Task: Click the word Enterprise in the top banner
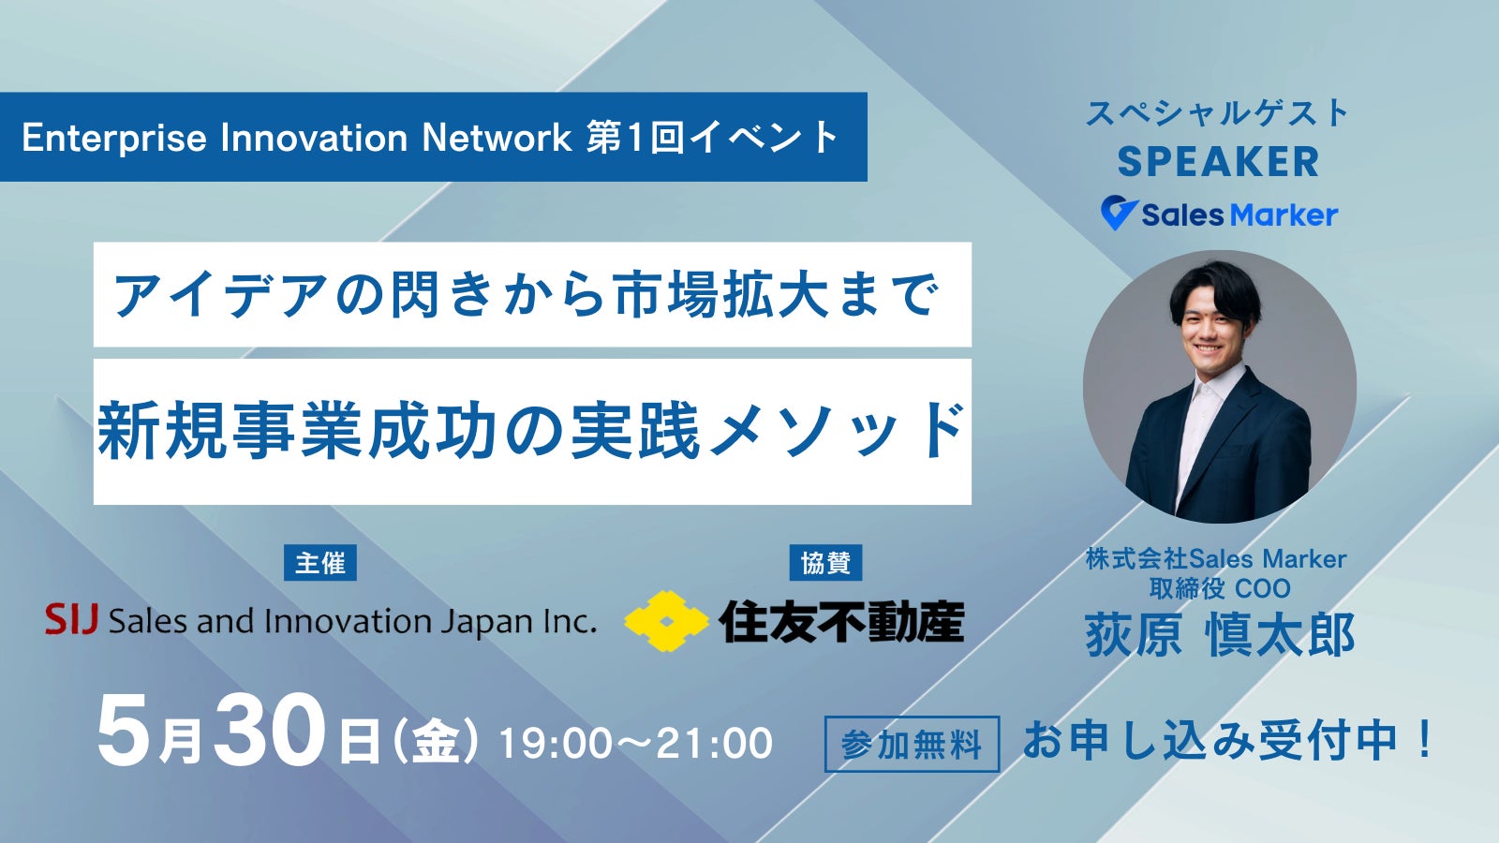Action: click(114, 139)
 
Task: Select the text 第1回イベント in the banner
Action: click(712, 137)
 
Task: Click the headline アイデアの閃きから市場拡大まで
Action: click(527, 295)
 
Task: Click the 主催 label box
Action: click(319, 563)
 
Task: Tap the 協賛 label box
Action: click(825, 563)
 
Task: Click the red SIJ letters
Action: click(71, 619)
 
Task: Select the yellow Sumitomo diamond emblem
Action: click(666, 621)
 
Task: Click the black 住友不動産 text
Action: click(842, 622)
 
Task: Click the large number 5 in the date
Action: click(124, 730)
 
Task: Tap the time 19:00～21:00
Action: click(636, 744)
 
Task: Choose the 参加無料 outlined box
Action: click(913, 744)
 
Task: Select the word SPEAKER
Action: click(1218, 162)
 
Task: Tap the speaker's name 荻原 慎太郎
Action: click(1219, 634)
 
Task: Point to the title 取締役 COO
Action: click(1219, 588)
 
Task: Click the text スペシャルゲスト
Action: click(1217, 113)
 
